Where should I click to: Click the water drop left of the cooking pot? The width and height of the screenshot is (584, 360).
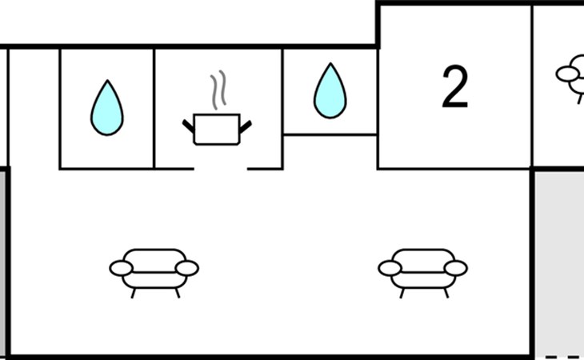[x=107, y=108]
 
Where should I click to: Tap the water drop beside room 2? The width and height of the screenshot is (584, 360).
[x=330, y=91]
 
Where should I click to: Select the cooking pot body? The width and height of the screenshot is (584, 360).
[x=217, y=129]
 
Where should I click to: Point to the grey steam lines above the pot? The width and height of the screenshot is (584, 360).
[x=218, y=90]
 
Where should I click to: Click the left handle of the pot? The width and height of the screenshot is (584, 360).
[x=188, y=126]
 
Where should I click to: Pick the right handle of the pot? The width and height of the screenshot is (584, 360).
[x=246, y=126]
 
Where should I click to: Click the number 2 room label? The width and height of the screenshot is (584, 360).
[x=454, y=87]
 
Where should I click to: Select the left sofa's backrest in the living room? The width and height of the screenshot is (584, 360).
[x=154, y=257]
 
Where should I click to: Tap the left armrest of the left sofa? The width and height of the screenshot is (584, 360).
[x=121, y=269]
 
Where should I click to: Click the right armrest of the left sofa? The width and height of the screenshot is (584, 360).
[x=187, y=268]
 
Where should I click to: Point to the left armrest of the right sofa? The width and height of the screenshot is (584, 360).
[x=390, y=269]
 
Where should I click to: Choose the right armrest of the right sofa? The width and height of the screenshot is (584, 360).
[x=456, y=268]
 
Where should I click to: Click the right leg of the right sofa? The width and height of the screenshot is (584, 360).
[x=446, y=293]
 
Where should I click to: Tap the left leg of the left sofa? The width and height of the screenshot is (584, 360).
[x=133, y=294]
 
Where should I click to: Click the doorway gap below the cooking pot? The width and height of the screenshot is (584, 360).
[x=221, y=169]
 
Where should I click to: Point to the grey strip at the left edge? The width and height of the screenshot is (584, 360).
[x=3, y=263]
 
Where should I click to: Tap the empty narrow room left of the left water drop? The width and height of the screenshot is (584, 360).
[x=34, y=109]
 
